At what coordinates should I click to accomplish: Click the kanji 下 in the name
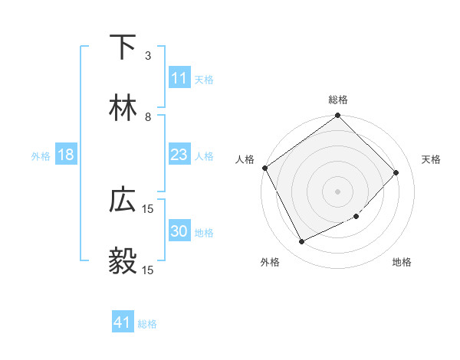click(123, 47)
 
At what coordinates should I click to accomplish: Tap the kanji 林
click(123, 107)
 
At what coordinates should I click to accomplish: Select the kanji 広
click(123, 200)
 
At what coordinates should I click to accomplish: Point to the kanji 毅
click(123, 261)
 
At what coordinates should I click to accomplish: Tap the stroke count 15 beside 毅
click(148, 270)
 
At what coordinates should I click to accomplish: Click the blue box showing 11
click(179, 78)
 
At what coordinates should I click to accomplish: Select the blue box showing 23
click(179, 155)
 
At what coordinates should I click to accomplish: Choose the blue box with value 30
click(179, 231)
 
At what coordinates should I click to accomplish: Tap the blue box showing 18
click(66, 155)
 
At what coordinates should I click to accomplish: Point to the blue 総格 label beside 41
click(147, 324)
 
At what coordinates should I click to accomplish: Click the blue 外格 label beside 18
click(41, 155)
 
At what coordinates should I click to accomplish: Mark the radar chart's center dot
click(337, 191)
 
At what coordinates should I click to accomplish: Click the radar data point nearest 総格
click(337, 116)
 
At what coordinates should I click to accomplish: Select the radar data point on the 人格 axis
click(264, 168)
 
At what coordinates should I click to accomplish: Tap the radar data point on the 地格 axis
click(356, 217)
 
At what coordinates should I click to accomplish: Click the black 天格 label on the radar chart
click(432, 159)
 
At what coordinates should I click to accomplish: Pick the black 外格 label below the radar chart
click(270, 263)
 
